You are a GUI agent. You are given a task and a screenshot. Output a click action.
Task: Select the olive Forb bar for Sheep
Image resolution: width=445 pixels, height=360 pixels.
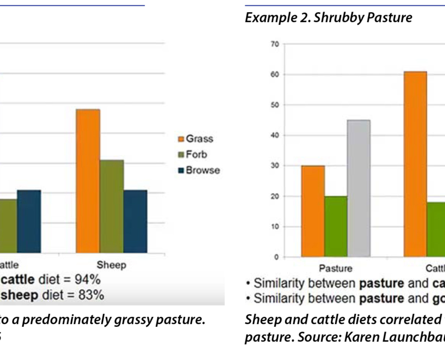coord(112,206)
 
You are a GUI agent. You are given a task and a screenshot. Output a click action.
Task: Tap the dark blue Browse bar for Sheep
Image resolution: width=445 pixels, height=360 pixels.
coord(135,221)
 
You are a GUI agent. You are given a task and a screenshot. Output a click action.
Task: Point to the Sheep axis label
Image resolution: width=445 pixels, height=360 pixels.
coord(111,265)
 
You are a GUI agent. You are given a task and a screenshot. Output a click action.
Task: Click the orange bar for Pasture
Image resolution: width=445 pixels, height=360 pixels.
coord(313,211)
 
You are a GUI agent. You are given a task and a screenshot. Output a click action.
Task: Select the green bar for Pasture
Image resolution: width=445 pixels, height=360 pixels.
coord(336,226)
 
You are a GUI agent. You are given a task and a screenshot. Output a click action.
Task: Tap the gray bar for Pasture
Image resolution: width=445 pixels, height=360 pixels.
coord(359,188)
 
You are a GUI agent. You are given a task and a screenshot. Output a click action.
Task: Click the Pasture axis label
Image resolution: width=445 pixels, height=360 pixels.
coord(335,268)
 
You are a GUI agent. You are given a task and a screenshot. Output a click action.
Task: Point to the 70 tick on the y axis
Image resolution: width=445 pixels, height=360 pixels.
coord(274,44)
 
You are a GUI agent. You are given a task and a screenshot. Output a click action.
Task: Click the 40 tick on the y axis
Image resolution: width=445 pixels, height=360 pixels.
coord(274,135)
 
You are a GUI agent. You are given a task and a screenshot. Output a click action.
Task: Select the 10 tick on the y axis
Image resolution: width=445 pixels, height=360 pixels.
coord(274,227)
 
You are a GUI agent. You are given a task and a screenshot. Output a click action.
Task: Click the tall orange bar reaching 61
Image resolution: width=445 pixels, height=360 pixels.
coord(416,164)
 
